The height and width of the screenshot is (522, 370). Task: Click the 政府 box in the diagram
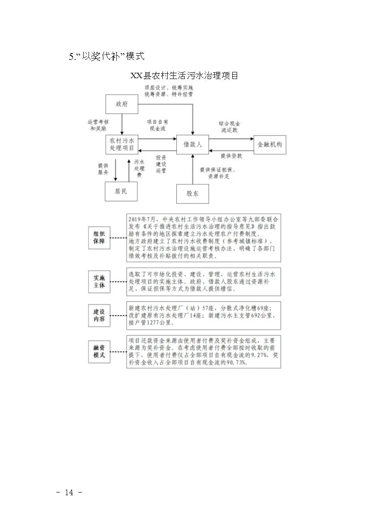click(x=121, y=104)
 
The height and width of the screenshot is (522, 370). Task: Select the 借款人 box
click(x=192, y=145)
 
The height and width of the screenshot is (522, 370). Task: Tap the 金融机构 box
click(x=269, y=145)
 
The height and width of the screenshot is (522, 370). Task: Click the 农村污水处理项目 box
click(x=121, y=144)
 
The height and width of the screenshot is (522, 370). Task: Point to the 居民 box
click(x=121, y=192)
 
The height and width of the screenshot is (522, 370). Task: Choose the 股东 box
click(x=192, y=193)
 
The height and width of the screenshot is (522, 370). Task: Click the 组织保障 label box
click(x=99, y=237)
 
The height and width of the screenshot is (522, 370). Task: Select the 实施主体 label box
click(x=99, y=281)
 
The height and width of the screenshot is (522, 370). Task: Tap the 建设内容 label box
click(x=99, y=315)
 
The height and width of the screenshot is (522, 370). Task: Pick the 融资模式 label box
click(x=99, y=351)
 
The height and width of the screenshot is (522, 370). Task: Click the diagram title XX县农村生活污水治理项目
click(x=184, y=75)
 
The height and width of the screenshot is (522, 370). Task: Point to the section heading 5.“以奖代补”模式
click(x=106, y=56)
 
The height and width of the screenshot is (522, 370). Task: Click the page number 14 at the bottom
click(x=69, y=493)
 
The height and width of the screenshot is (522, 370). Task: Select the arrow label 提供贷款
click(x=231, y=156)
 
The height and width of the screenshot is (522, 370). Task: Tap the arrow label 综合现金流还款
click(x=230, y=126)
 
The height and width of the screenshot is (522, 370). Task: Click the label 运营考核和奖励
click(x=98, y=125)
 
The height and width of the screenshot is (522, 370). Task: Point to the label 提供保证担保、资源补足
click(x=218, y=173)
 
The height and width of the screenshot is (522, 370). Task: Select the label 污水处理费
click(x=140, y=168)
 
